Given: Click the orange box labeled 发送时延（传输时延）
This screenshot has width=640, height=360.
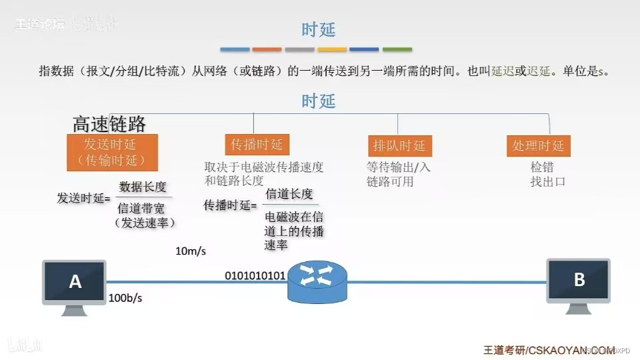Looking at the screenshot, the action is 112,152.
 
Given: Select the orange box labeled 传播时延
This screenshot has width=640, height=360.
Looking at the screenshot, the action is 257,145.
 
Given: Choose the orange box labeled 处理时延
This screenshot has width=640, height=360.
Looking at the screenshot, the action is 538,146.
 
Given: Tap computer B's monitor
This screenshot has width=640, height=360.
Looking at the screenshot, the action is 578,280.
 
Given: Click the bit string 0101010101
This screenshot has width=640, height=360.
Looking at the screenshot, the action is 255,275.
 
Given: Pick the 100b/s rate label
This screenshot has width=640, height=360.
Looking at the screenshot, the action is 125,298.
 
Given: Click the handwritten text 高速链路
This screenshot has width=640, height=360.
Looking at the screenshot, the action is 109,124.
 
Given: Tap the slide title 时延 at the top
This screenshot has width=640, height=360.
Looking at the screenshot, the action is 318,29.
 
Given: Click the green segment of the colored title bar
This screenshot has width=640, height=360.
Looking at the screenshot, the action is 397,49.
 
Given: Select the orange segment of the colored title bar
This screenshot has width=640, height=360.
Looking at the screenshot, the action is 267,49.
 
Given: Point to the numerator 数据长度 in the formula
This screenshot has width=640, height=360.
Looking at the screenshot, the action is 143,186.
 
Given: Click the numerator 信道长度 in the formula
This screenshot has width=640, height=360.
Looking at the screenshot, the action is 289,194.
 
